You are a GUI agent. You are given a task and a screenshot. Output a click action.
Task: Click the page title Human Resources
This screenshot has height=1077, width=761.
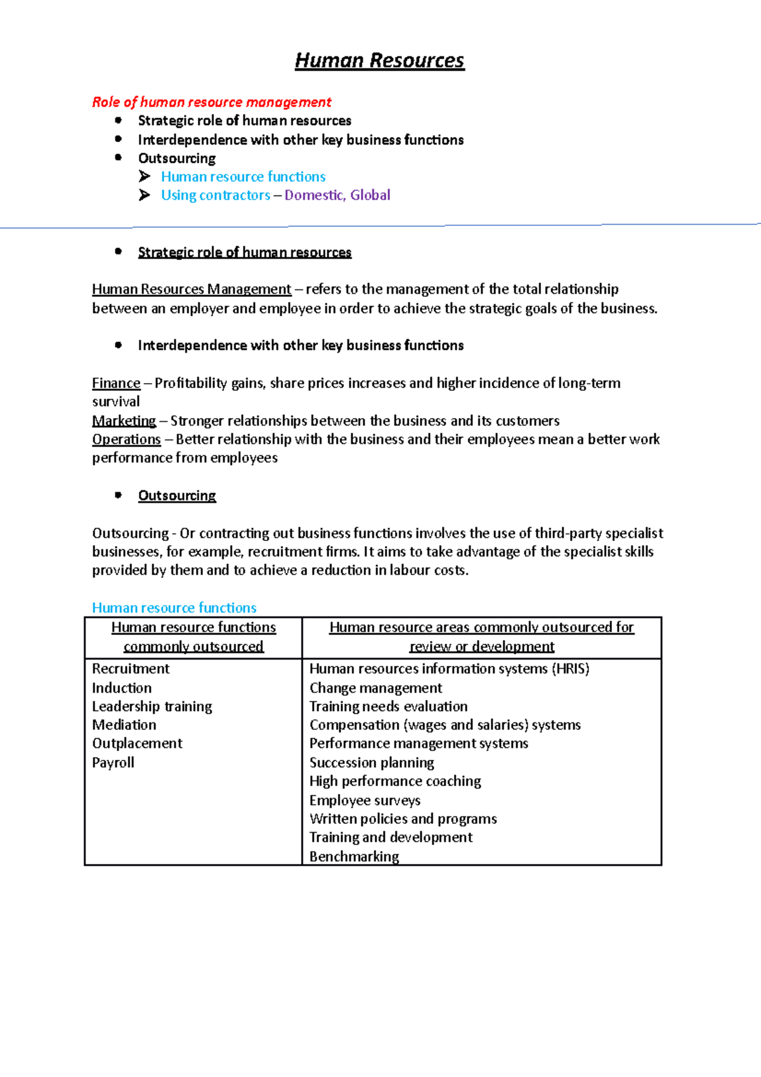[x=379, y=61]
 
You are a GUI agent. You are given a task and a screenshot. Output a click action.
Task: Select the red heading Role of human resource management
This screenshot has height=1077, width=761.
[x=211, y=102]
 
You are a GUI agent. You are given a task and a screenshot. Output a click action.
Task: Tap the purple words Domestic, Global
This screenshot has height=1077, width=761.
[x=337, y=195]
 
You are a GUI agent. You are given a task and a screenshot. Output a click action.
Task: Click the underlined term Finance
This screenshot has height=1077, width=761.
[x=116, y=383]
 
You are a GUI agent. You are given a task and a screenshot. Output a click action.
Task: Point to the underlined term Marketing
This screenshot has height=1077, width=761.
[x=124, y=421]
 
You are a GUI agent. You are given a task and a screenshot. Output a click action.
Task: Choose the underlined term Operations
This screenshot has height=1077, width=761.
[x=126, y=440]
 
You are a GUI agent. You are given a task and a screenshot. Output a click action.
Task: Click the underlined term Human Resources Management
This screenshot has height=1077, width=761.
[x=192, y=289]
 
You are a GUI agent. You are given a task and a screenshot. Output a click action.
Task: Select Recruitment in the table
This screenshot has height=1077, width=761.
[x=131, y=669]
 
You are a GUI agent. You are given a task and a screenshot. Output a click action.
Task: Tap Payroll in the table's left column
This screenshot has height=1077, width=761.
[x=113, y=762]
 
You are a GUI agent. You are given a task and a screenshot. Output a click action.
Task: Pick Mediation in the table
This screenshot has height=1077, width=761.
[x=124, y=725]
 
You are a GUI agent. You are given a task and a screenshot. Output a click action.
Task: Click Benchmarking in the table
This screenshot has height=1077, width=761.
[x=354, y=856]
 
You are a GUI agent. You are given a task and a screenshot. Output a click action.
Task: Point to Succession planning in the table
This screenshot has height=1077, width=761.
[x=372, y=762]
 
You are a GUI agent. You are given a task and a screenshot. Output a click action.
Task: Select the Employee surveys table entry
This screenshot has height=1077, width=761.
[x=365, y=800]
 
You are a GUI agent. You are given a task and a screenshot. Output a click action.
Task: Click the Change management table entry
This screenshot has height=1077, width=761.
[x=375, y=688]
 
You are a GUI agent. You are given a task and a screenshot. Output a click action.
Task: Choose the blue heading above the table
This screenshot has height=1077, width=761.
[x=174, y=608]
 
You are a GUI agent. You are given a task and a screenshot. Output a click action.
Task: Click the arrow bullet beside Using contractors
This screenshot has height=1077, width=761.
[x=145, y=195]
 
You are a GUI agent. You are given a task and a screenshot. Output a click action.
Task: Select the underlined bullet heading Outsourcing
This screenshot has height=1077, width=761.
[x=177, y=495]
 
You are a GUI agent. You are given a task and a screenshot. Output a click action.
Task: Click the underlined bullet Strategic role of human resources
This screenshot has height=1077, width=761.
[x=244, y=252]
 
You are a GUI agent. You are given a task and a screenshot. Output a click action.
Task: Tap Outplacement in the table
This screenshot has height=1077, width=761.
[x=137, y=743]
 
